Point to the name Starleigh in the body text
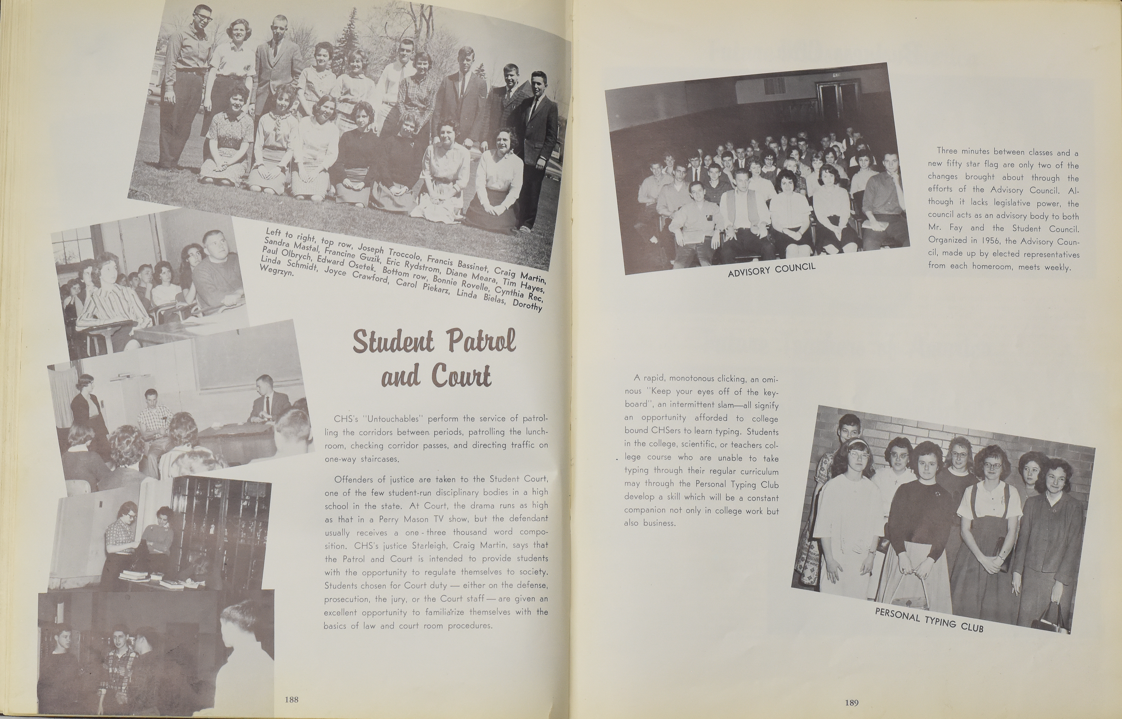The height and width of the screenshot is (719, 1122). tap(412, 545)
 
